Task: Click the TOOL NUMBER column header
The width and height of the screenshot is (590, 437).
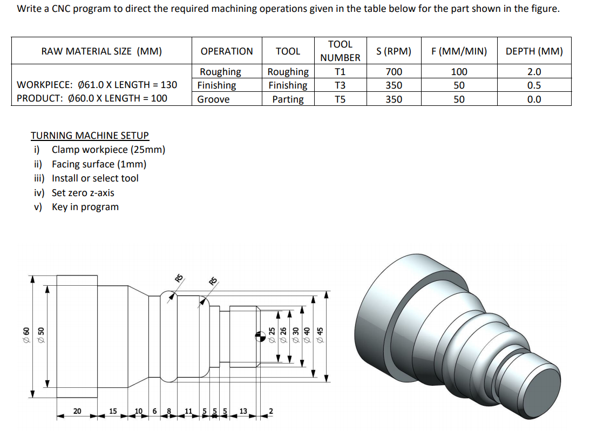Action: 340,51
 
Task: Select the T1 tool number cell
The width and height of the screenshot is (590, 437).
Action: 340,72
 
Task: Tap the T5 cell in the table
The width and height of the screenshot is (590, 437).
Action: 340,99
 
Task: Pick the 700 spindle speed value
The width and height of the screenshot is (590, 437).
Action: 394,72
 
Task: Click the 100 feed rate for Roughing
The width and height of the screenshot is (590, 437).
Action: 459,72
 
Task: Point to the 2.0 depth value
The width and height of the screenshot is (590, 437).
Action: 534,72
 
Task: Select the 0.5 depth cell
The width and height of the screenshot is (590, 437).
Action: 534,85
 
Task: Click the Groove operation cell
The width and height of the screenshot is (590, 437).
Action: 213,99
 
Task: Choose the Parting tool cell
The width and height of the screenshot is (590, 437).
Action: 288,99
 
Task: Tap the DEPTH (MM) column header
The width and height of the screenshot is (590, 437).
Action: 534,51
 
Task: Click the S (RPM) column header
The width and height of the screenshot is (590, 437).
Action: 394,51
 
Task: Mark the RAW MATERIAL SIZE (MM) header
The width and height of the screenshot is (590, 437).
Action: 101,51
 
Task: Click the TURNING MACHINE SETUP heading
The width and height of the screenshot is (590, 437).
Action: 90,136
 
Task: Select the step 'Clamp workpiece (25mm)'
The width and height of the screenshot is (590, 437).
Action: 108,150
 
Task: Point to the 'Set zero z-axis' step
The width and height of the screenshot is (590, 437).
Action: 83,193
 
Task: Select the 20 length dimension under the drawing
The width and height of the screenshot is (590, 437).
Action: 77,412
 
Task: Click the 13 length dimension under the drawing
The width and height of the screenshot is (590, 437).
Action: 243,412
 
